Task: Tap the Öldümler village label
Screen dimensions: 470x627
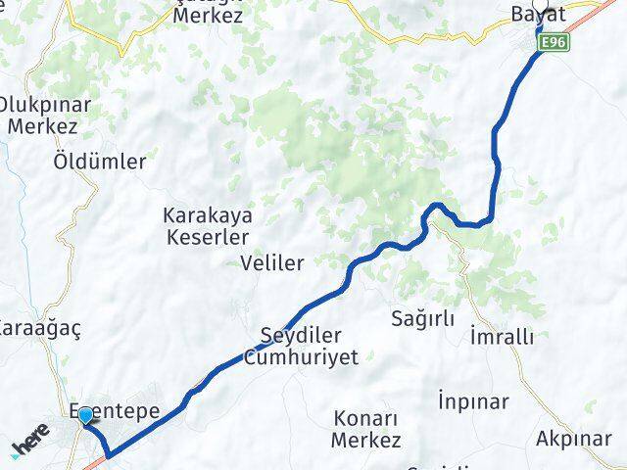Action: [99, 161]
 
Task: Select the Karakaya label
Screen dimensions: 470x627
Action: [208, 216]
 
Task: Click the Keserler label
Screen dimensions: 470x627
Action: [208, 237]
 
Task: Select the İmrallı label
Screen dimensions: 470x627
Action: [502, 336]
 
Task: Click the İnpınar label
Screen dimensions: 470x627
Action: [473, 401]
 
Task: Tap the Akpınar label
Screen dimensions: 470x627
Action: [573, 438]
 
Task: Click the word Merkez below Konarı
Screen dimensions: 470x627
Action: [365, 442]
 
